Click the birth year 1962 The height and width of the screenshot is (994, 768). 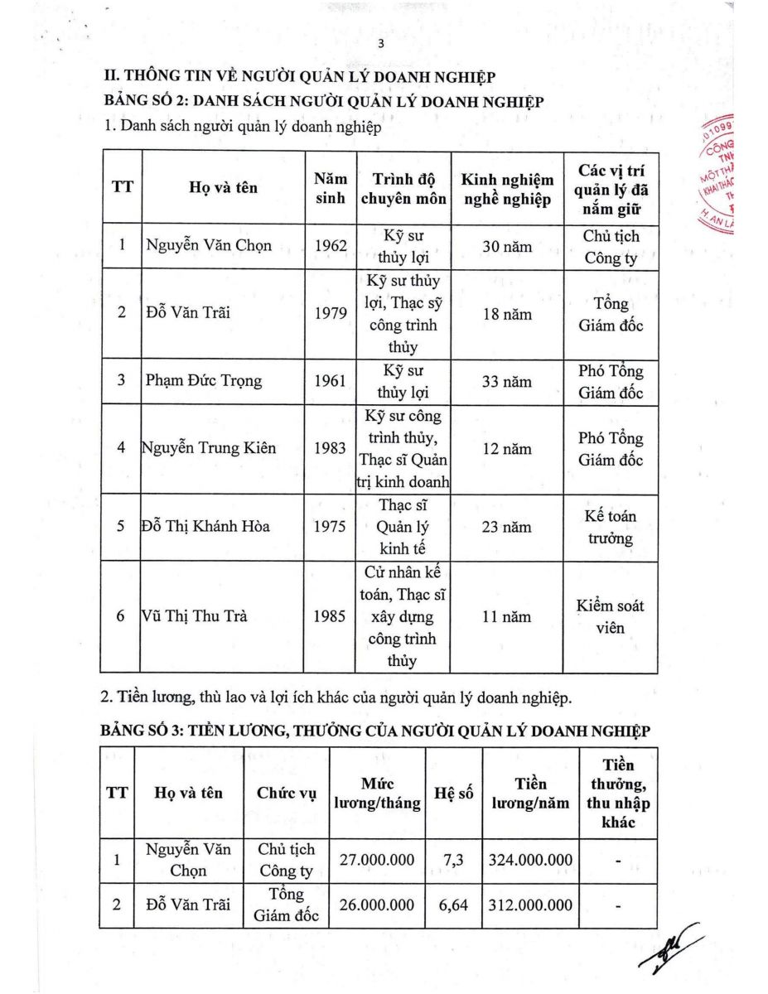point(331,247)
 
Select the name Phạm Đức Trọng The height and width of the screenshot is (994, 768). point(203,381)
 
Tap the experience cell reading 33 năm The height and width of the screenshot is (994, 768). point(507,382)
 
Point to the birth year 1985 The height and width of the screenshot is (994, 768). point(331,616)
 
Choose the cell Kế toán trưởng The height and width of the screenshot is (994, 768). point(610,528)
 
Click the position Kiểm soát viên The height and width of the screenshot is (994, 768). point(610,616)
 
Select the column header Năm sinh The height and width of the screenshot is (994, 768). point(331,188)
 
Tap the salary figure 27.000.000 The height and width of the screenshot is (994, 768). point(377,860)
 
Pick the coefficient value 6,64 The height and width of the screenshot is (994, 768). point(455,905)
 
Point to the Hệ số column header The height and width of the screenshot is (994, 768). point(454,793)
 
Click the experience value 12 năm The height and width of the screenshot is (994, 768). point(507,449)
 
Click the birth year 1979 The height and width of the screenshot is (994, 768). point(331,315)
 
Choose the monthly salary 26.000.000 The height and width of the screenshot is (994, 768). point(377,905)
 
